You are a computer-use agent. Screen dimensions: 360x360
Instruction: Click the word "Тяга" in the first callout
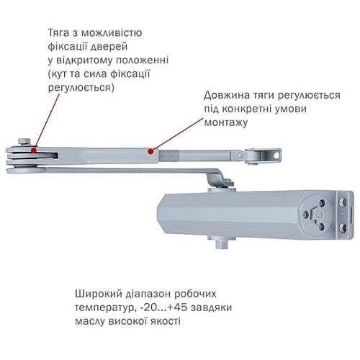pos(60,34)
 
